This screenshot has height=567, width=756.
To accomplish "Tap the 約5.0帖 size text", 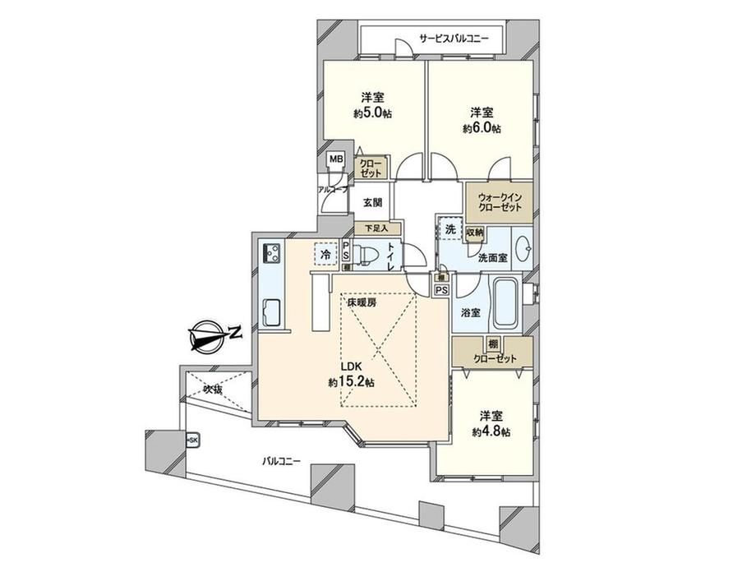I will pyautogui.click(x=372, y=113).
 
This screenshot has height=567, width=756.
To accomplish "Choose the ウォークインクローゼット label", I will pyautogui.click(x=500, y=202).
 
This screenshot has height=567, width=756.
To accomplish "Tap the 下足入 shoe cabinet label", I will pyautogui.click(x=377, y=228).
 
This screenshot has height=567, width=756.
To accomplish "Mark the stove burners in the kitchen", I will pyautogui.click(x=272, y=253).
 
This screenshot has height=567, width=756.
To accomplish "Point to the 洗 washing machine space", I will pyautogui.click(x=450, y=231).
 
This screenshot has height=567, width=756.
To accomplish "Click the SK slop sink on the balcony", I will pyautogui.click(x=192, y=440).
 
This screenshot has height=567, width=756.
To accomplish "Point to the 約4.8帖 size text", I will pyautogui.click(x=491, y=431).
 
